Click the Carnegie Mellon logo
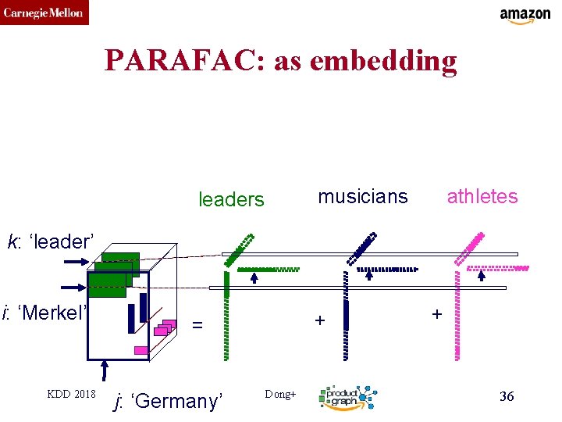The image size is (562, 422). [44, 13]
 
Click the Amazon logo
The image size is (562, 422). [525, 16]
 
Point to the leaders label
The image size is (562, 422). [232, 200]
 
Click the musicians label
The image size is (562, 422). [363, 196]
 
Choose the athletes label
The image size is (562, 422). [482, 196]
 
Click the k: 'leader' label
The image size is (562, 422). [51, 241]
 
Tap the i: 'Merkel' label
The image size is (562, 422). [45, 313]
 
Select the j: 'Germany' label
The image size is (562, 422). [168, 401]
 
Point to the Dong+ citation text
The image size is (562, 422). [281, 395]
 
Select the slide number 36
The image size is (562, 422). [507, 397]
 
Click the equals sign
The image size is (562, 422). [197, 324]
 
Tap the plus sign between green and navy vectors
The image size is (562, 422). [318, 320]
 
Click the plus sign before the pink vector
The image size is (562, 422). [436, 314]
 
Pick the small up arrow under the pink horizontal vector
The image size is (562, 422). [482, 274]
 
